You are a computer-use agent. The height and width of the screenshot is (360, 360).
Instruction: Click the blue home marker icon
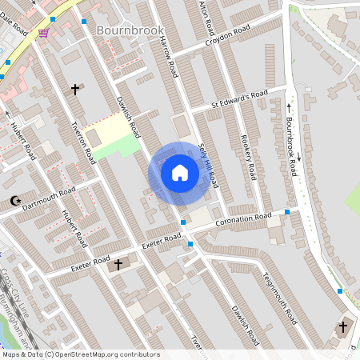[x=180, y=172]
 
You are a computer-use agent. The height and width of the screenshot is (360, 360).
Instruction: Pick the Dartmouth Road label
[x=50, y=198]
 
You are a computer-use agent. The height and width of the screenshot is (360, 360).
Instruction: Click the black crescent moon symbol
[x=13, y=201]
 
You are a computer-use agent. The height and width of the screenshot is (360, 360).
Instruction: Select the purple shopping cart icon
[x=42, y=33]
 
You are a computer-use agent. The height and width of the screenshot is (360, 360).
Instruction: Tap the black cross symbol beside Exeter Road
[x=118, y=264]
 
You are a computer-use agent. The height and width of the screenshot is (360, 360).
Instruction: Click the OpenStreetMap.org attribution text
[x=104, y=354]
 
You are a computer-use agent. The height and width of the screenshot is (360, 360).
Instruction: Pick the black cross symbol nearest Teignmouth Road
[x=343, y=327]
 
